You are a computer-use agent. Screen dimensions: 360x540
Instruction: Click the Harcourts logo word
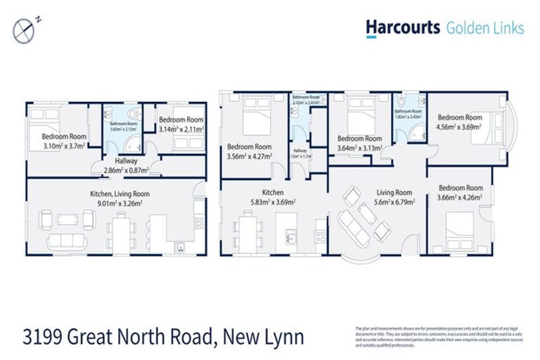pos(402,27)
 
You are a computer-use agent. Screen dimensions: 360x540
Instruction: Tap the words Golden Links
pos(484,28)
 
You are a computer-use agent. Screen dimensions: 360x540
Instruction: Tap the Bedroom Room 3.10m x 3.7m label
pos(64,141)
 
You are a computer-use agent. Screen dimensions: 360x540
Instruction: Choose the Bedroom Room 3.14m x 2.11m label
pos(181,125)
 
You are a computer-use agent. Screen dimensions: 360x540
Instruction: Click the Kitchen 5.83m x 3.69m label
pos(272,197)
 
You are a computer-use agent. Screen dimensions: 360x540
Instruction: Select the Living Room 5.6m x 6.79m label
pos(394,197)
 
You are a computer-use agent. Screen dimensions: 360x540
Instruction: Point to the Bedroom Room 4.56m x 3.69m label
pos(460,122)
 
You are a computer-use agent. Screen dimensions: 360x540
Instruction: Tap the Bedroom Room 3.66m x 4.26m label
pos(461,193)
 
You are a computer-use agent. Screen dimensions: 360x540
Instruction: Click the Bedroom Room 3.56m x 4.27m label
pos(250,151)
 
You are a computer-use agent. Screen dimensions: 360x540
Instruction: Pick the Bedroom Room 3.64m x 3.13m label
pos(359,143)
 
